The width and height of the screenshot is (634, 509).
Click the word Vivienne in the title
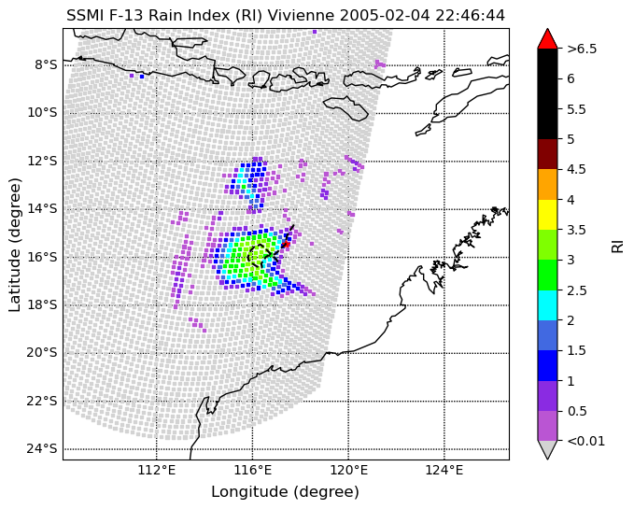[301, 16]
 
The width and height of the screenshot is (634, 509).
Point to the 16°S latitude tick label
[42, 257]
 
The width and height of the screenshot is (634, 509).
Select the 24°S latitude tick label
[42, 449]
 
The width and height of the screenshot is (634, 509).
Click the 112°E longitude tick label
[157, 470]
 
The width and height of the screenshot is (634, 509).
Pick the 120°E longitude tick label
[348, 470]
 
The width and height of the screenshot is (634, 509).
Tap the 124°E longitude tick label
[444, 470]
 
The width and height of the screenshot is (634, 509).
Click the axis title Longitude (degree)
[285, 492]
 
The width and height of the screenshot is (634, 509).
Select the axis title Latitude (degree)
[14, 245]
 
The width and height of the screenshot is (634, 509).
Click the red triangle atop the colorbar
[547, 39]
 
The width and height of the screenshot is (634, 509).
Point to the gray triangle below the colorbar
[547, 449]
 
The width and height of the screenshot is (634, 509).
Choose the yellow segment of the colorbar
[547, 215]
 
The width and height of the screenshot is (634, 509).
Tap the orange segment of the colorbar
[547, 184]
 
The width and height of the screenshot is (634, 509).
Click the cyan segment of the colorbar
[547, 305]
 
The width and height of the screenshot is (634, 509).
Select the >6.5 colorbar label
[582, 49]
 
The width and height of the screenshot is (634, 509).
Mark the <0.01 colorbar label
[585, 441]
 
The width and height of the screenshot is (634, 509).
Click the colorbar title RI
[617, 245]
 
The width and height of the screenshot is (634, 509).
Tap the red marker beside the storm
[286, 244]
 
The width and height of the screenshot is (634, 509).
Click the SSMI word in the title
[81, 16]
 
